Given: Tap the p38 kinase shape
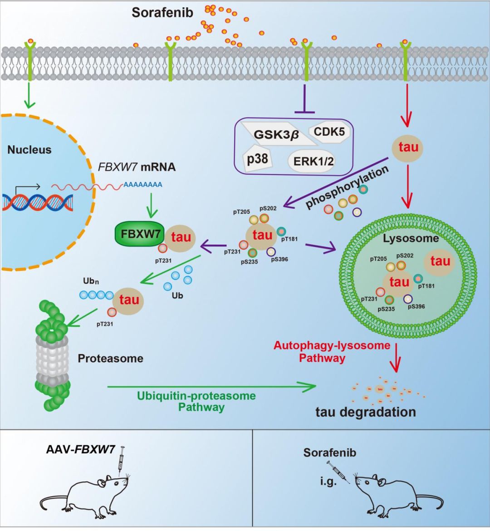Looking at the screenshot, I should click(257, 159).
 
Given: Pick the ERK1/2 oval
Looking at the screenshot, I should click(311, 161).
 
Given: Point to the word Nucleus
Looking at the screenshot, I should click(29, 150).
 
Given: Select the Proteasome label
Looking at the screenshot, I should click(110, 359).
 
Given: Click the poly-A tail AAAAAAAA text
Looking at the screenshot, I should click(142, 185).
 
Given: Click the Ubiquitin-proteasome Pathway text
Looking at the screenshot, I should click(196, 401).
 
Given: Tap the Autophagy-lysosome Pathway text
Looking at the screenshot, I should click(332, 352).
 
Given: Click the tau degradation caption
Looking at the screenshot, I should click(366, 412).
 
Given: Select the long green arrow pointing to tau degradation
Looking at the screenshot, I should click(211, 387).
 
